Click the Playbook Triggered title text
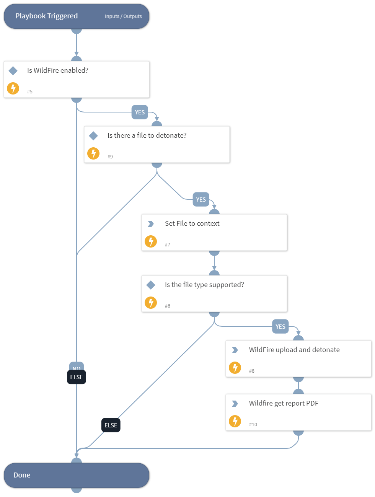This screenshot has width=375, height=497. point(46,16)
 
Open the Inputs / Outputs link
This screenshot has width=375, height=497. point(123,16)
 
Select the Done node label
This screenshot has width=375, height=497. point(22,475)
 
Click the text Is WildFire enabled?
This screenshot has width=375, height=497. point(58,70)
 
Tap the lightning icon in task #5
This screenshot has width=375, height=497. point(13,88)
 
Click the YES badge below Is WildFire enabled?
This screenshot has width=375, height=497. point(140,112)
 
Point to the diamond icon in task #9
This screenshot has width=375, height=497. point(93,136)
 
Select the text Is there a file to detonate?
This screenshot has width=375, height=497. point(147,135)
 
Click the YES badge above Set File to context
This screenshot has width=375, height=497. point(201,200)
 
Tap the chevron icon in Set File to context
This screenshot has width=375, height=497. point(151,224)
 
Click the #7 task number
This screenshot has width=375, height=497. point(168,244)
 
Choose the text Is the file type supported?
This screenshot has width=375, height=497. point(204,285)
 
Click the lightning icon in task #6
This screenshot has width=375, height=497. point(151,303)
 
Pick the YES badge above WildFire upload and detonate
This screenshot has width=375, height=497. point(280,327)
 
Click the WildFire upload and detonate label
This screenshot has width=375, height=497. point(294,350)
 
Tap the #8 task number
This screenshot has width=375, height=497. point(252,371)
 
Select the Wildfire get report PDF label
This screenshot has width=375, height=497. point(284,403)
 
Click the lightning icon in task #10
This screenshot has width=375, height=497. point(235,421)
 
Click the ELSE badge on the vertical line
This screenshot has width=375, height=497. point(77,377)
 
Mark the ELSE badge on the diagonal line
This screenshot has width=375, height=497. point(111,425)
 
